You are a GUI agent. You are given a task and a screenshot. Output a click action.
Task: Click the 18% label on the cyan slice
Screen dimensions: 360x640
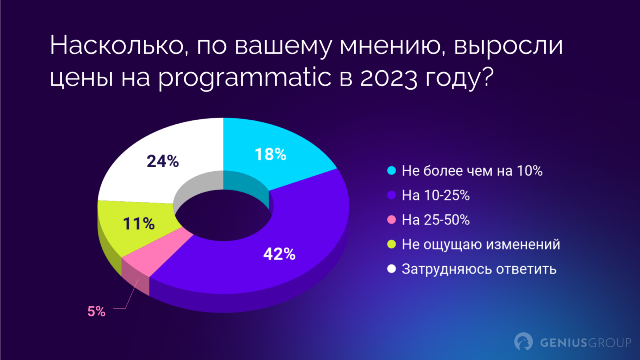271,154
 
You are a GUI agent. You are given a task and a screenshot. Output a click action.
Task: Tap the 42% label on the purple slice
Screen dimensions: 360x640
279,254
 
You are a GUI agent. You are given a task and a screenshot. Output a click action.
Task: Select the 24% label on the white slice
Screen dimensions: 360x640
163,161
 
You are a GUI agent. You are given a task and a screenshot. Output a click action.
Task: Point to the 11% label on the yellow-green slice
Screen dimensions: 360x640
139,224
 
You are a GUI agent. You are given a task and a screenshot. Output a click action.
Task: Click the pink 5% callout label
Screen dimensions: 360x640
96,311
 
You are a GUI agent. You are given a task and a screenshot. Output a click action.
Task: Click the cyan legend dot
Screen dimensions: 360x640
392,171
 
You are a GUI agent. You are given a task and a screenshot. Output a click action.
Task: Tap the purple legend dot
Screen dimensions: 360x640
392,195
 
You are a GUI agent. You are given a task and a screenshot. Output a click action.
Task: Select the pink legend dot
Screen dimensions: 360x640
392,220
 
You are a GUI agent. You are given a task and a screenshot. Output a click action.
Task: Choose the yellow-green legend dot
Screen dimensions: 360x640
392,244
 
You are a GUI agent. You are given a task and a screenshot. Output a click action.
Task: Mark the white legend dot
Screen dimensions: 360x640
392,269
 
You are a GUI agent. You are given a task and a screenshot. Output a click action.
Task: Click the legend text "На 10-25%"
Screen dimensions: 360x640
436,195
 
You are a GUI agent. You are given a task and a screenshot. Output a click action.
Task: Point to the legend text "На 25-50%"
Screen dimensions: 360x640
436,220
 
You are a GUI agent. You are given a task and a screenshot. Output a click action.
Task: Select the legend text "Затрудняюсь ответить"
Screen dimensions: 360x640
479,269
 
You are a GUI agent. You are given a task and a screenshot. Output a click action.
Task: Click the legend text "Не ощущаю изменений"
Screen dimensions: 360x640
481,244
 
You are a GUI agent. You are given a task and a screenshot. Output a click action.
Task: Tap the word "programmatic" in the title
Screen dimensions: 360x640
245,77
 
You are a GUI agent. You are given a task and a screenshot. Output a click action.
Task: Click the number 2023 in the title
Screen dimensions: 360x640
388,77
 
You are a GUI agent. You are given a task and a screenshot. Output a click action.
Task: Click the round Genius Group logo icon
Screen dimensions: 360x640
524,342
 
